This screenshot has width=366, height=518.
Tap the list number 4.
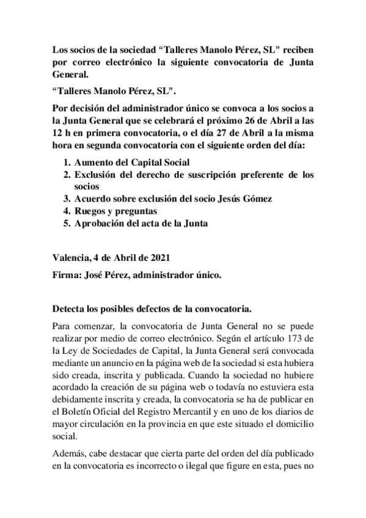pos(67,211)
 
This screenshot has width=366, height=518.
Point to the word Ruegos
pos(90,211)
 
